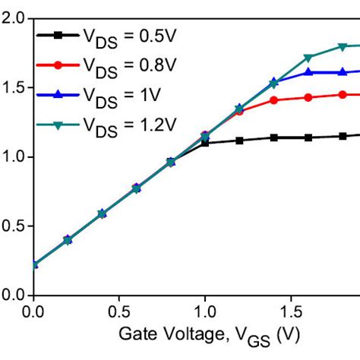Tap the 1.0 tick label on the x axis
point(204,311)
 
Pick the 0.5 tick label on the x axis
point(118,311)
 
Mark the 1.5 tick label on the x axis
point(290,311)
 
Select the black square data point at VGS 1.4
point(273,137)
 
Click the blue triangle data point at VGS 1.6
point(308,72)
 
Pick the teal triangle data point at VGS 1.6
point(308,58)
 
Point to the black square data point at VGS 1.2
point(239,141)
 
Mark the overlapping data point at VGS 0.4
point(102,213)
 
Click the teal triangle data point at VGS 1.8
point(342,46)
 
